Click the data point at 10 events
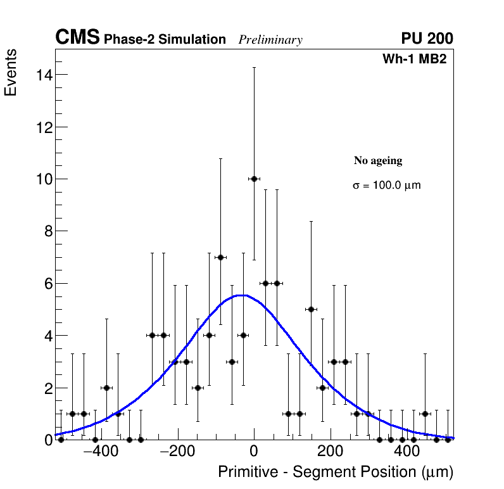[x=254, y=179]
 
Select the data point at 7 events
[x=220, y=257]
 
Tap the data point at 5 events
[x=311, y=309]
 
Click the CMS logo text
[x=77, y=38]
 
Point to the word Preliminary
[x=270, y=40]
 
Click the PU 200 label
[x=427, y=39]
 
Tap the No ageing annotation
[x=378, y=161]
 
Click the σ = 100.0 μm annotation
[x=386, y=186]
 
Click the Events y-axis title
[x=11, y=73]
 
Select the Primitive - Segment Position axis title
[x=336, y=473]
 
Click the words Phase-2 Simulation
[x=165, y=40]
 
